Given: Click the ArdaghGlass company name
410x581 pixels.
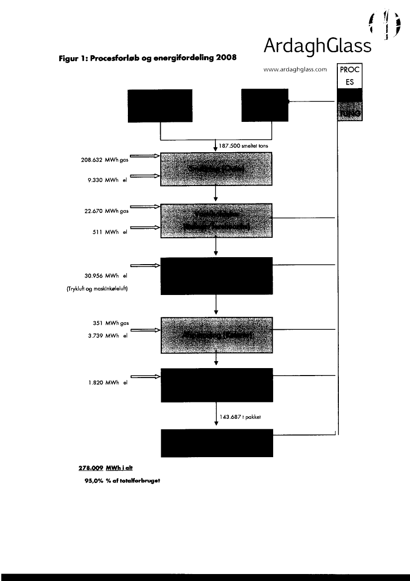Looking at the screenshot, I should point(318,46).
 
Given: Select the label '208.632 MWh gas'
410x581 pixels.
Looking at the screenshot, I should point(103,160).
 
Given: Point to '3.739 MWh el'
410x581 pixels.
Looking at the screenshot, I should point(106,336).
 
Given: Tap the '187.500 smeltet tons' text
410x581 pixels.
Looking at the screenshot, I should point(241,147).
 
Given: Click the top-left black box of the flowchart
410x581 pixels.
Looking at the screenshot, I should point(160,105).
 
